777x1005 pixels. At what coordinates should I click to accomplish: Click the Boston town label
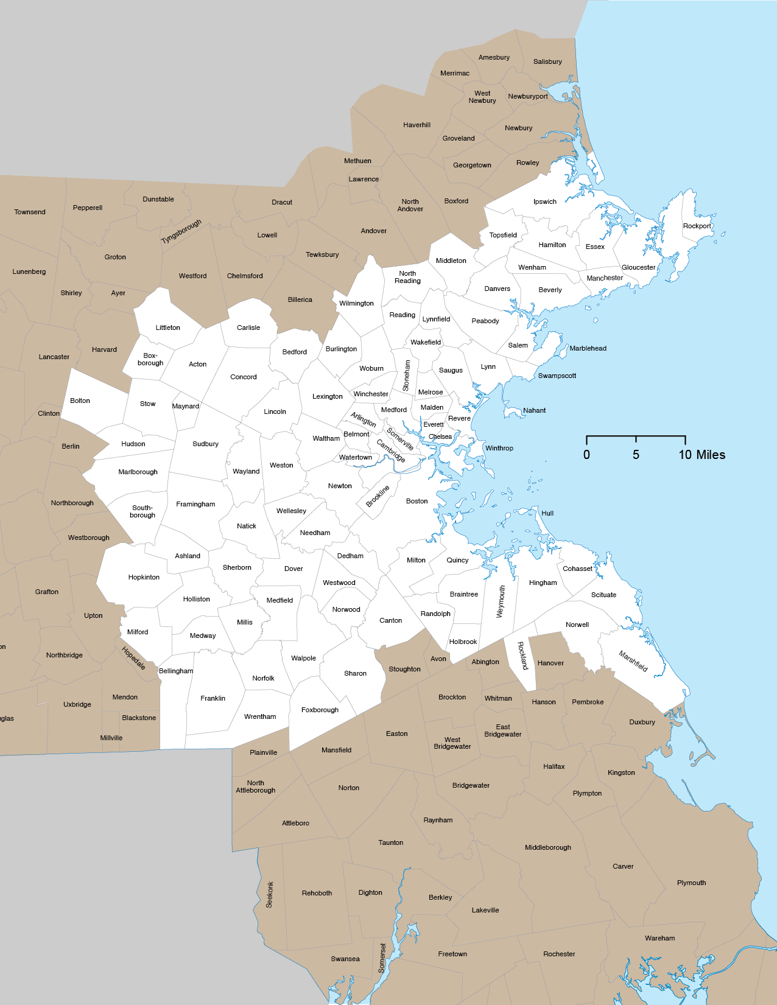coord(417,501)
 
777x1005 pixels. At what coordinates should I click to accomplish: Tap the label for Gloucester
coord(638,267)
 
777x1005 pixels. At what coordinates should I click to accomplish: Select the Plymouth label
coord(691,883)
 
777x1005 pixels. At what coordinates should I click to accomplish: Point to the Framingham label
coord(195,504)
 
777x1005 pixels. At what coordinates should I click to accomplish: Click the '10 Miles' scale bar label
coord(701,455)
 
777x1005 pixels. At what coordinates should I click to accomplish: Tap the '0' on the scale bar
coord(586,455)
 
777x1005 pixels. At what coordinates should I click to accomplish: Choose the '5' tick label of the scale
coord(636,455)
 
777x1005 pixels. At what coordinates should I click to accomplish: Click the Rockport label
coord(697,226)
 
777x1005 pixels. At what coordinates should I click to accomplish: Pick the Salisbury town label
coord(547,61)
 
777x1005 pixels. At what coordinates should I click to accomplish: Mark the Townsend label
coord(30,212)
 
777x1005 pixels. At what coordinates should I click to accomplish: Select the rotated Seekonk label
coord(270,894)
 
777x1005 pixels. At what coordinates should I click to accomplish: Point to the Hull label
coord(547,513)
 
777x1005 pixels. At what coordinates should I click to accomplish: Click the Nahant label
coord(534,410)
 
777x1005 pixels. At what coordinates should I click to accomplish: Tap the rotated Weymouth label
coord(501,601)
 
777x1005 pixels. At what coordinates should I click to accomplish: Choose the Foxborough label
coord(320,710)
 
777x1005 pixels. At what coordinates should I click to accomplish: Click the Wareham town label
coord(659,938)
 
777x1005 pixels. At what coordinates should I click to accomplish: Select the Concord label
coord(244,377)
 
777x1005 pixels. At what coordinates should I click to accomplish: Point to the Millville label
coord(111,738)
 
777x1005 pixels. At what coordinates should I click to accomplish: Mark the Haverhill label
coord(417,125)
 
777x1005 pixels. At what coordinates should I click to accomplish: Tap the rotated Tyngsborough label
coord(181,231)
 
